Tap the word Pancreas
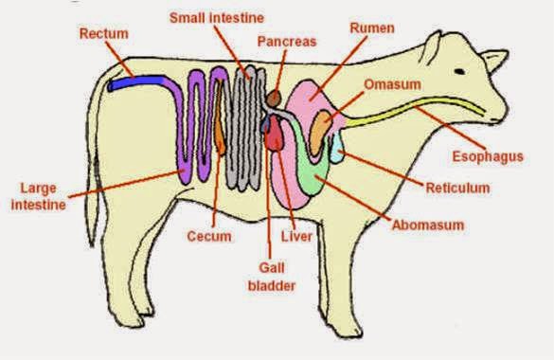tap(286, 43)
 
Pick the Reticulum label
tap(458, 188)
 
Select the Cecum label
tap(208, 236)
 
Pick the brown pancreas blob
tap(273, 97)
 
